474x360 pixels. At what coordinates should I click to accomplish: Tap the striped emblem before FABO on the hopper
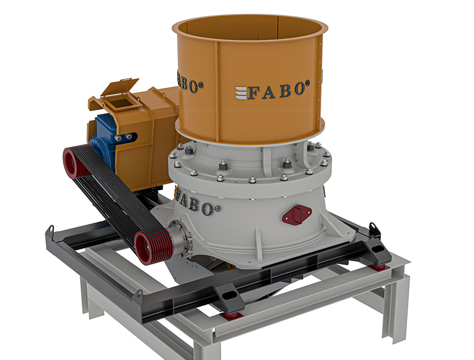(x=241, y=93)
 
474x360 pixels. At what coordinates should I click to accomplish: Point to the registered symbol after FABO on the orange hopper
(x=308, y=83)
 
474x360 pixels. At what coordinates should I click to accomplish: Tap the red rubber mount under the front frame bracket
(x=232, y=315)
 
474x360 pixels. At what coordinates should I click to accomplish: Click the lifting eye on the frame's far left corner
(x=51, y=230)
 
